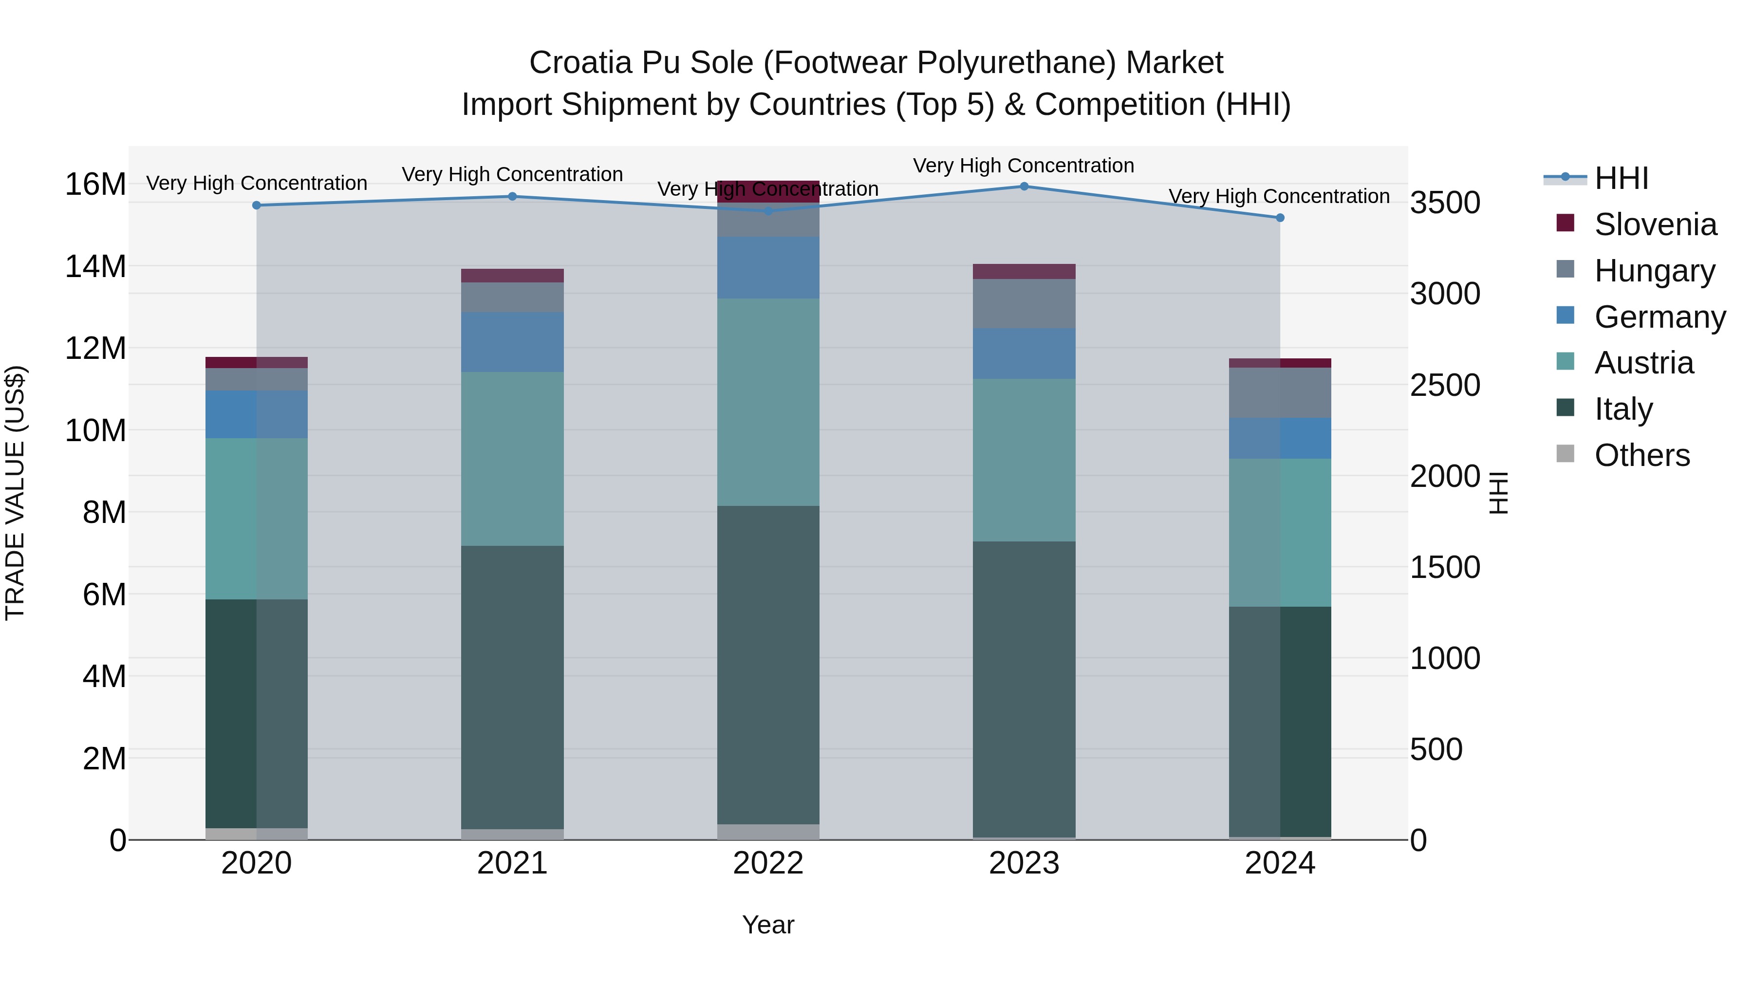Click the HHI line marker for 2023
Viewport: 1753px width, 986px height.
pos(1024,186)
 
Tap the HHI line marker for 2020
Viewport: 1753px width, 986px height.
pos(257,205)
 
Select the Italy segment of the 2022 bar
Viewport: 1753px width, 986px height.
pos(768,665)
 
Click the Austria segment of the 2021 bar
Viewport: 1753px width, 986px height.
pos(512,459)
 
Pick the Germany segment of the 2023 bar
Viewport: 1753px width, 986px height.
pos(1024,354)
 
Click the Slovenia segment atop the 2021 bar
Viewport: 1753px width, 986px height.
pos(512,276)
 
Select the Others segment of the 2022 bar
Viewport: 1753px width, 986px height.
pos(768,832)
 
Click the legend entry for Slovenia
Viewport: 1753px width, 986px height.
pos(1655,224)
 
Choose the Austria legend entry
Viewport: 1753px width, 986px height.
pos(1643,363)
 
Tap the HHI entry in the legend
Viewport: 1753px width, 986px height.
pos(1621,178)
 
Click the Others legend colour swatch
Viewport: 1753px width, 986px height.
pos(1565,454)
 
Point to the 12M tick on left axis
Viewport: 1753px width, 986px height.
pos(95,349)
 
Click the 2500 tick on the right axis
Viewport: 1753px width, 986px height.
pos(1445,385)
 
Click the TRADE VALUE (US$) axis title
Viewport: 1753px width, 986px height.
pos(15,493)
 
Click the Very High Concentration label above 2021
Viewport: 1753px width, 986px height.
pos(512,174)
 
